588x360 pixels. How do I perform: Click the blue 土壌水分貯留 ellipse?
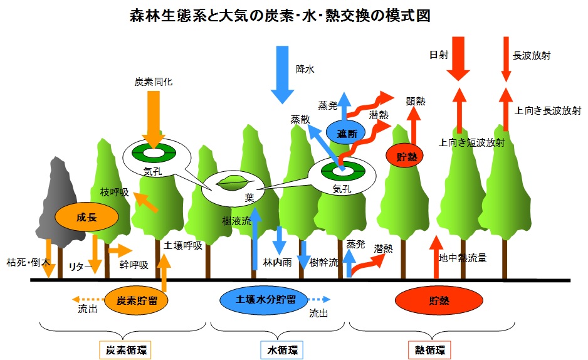click(x=266, y=300)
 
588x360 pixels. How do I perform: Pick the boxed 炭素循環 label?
click(x=126, y=349)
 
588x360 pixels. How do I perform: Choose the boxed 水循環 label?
click(x=278, y=349)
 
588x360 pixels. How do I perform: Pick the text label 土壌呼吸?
click(x=182, y=245)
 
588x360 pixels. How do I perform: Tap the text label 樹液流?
click(x=237, y=221)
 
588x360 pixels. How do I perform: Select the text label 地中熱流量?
click(x=463, y=257)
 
